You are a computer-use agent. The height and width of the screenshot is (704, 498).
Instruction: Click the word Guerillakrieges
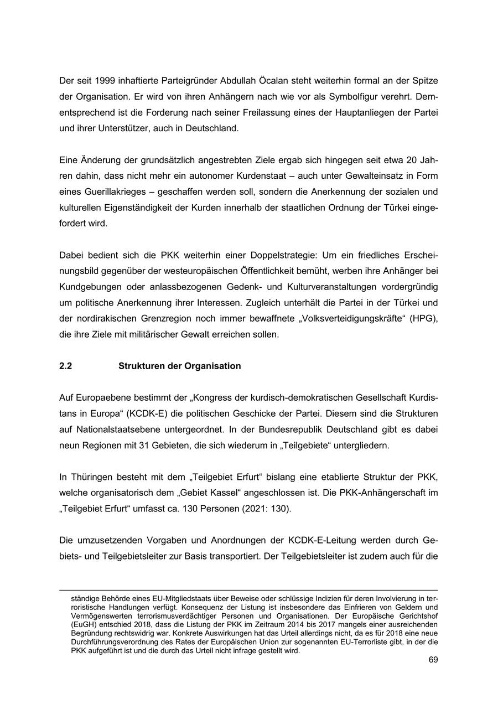coord(118,193)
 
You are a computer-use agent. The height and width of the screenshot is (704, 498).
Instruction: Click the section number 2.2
coord(66,366)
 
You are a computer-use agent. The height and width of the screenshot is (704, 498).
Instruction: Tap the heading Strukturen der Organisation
coord(179,366)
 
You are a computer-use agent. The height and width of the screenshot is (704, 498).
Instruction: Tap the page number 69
coord(433,660)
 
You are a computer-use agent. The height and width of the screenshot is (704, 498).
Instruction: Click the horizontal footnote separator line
coord(248,590)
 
